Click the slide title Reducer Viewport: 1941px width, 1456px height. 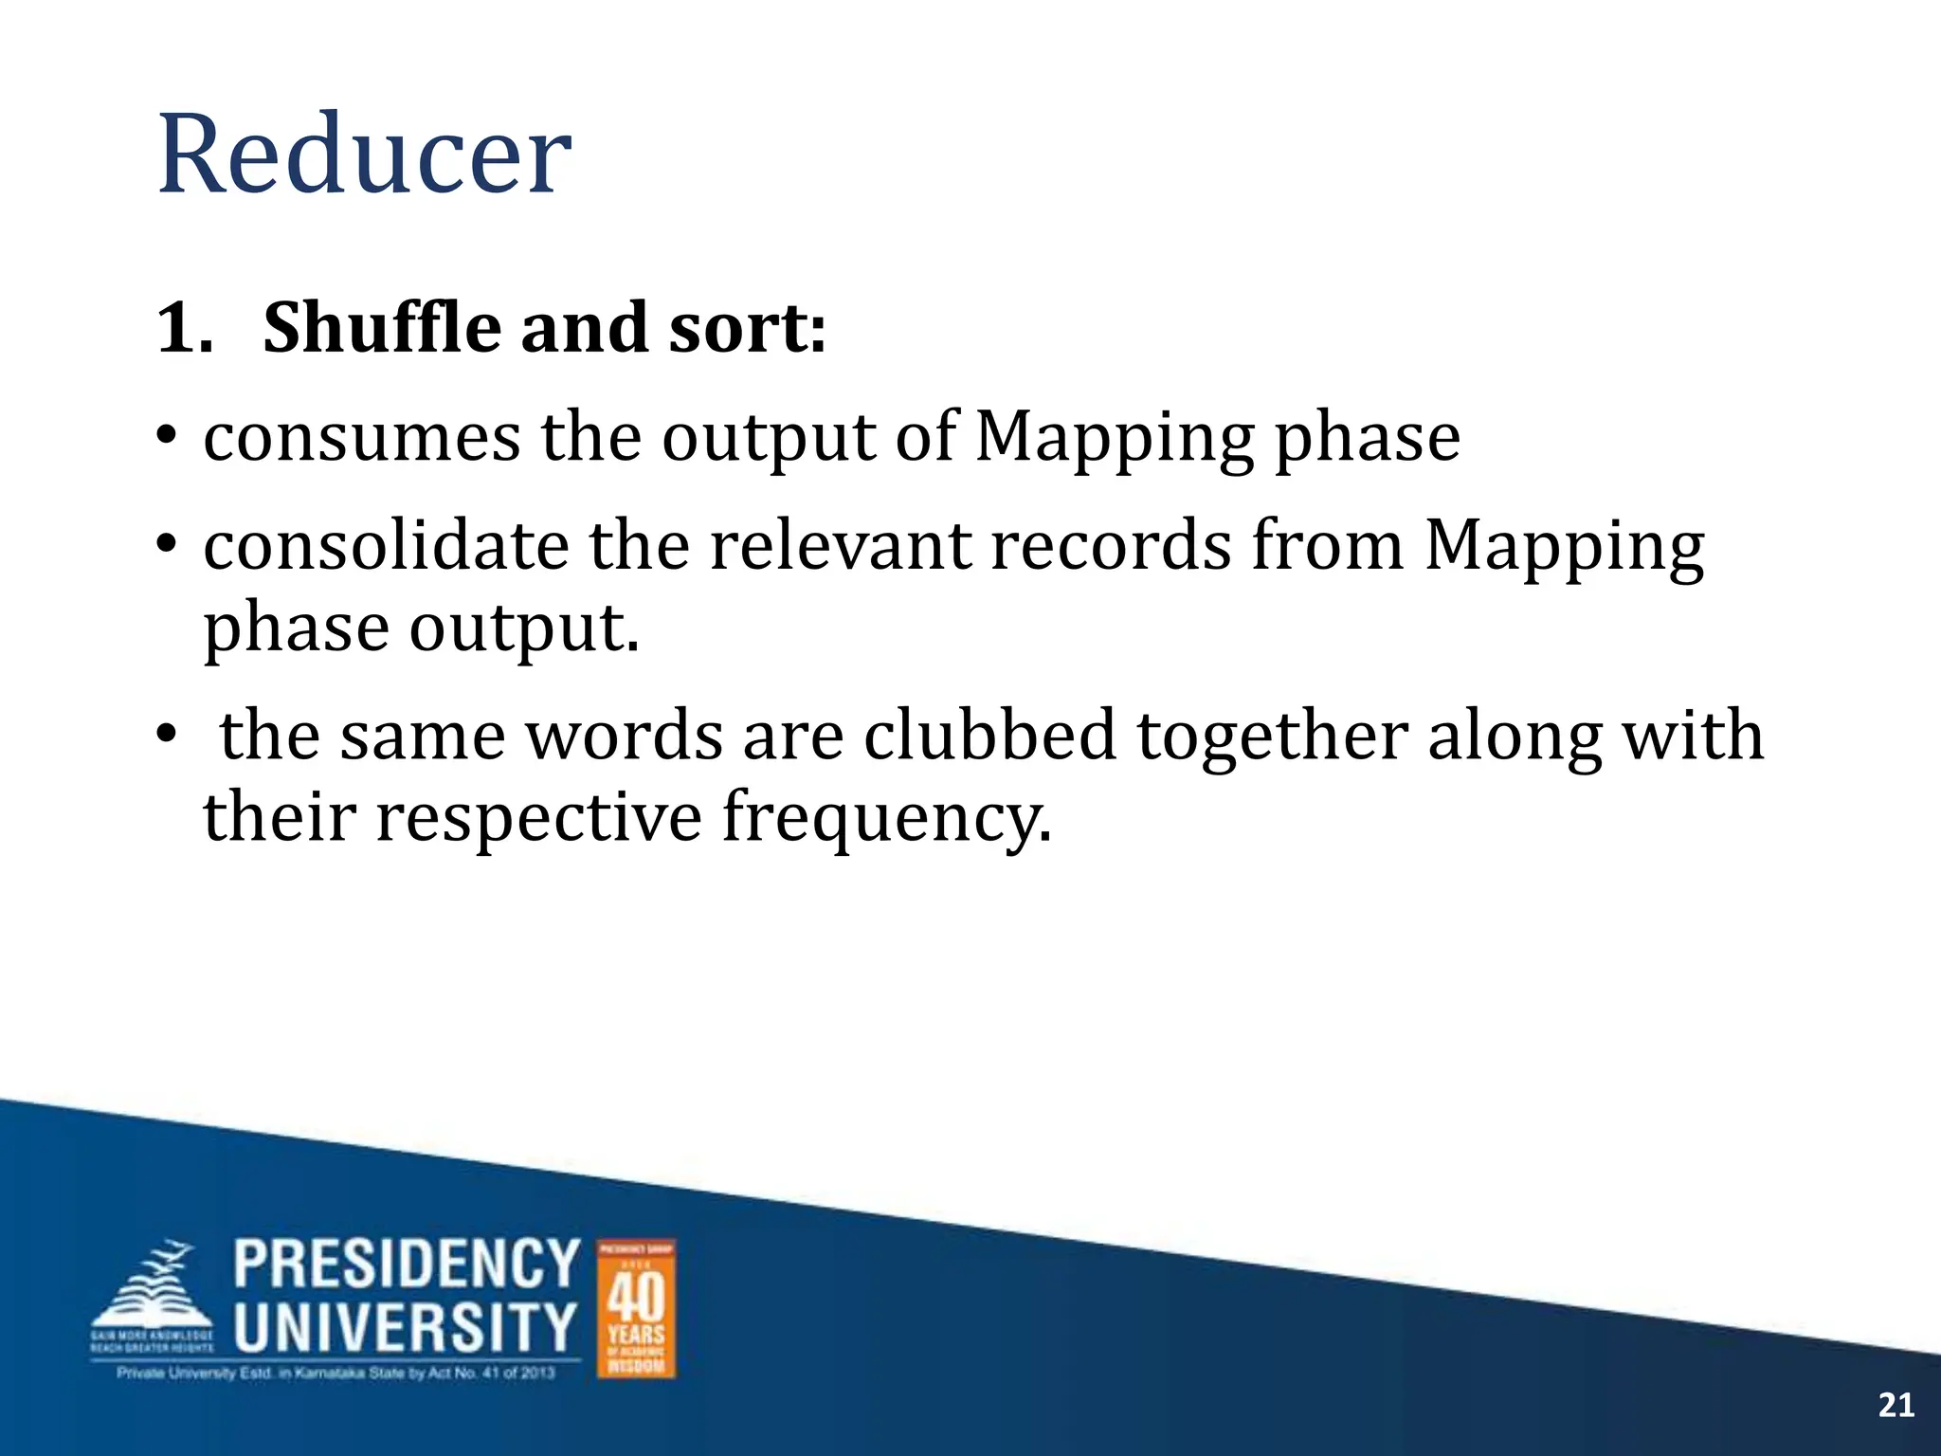click(x=364, y=154)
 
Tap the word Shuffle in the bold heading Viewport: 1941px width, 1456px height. click(x=381, y=328)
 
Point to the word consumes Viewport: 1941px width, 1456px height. click(x=362, y=437)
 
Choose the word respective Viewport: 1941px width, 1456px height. click(x=538, y=816)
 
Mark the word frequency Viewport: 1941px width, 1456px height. click(x=886, y=818)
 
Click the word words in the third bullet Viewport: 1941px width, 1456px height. click(x=625, y=736)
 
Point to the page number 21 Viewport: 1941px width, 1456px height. click(x=1896, y=1405)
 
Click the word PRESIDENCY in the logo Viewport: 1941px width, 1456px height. click(x=407, y=1264)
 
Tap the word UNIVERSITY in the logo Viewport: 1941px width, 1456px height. click(x=406, y=1326)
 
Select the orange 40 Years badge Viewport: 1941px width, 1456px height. click(x=636, y=1308)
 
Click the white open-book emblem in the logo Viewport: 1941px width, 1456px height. click(x=154, y=1297)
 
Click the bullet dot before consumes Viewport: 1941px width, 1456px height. click(x=168, y=438)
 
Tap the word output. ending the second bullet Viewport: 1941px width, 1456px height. click(x=524, y=628)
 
